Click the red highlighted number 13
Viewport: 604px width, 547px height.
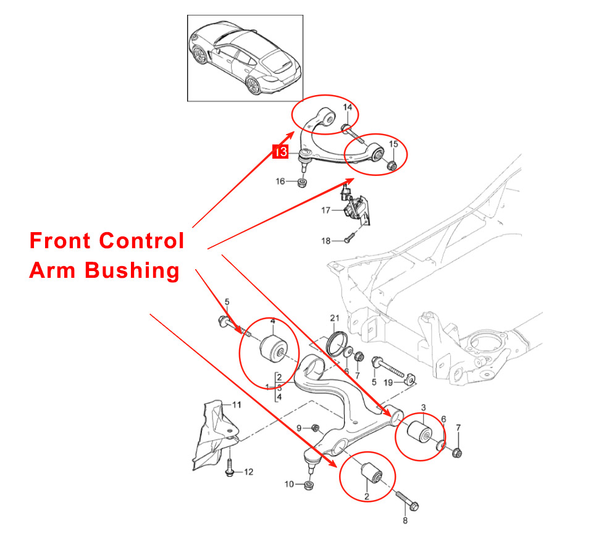pos(280,151)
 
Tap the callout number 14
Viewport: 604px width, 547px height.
pos(348,108)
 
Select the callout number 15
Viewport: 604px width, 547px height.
pos(393,145)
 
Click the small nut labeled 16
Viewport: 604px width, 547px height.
pos(300,183)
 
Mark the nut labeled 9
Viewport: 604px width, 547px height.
pos(315,428)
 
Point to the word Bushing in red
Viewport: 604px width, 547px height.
pos(133,270)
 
